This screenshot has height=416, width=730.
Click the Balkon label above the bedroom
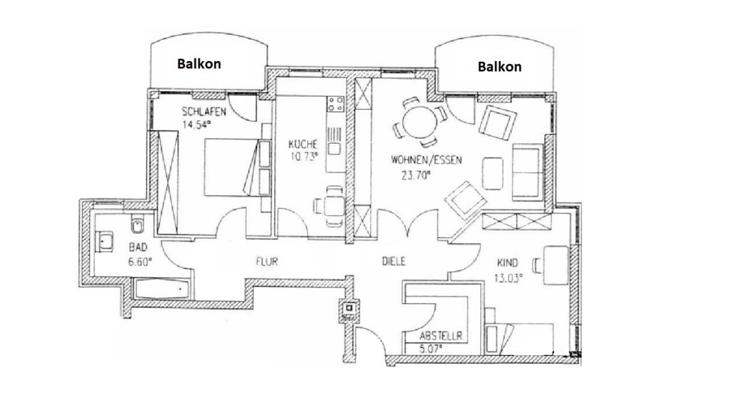tap(199, 64)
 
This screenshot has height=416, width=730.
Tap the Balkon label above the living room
tap(500, 66)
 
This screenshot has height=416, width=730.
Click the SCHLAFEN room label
tap(204, 112)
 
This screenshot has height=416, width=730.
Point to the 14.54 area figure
tap(196, 124)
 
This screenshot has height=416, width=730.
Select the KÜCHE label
tap(303, 144)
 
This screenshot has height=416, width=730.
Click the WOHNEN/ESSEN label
tap(426, 160)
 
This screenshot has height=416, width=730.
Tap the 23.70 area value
tap(415, 175)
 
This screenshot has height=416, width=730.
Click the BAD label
tap(138, 247)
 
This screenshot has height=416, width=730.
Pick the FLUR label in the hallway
tap(267, 262)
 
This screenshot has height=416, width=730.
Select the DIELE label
tap(394, 262)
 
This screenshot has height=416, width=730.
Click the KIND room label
tap(508, 263)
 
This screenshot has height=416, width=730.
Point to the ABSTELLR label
tap(441, 336)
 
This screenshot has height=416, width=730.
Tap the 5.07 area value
tap(431, 348)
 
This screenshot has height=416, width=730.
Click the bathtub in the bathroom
tap(162, 290)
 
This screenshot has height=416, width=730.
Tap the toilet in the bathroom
tap(137, 225)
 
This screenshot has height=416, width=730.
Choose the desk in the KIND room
tap(556, 265)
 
